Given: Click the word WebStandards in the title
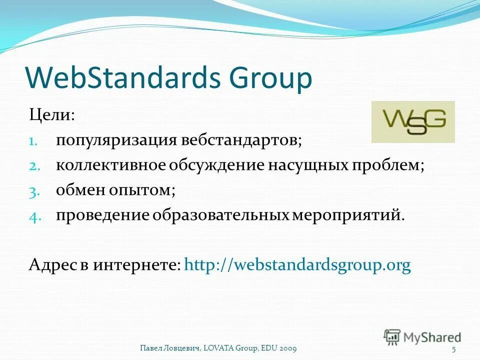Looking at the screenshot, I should [122, 78].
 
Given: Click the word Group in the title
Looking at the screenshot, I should [270, 79].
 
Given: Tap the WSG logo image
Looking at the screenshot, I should [413, 122].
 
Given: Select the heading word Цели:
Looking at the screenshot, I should [52, 116].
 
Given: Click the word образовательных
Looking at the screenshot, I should [221, 215].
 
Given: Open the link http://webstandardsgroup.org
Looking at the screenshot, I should [297, 265].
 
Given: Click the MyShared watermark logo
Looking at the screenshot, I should [422, 337].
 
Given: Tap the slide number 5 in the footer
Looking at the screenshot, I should [453, 348].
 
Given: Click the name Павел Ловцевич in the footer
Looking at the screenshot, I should [170, 348].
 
